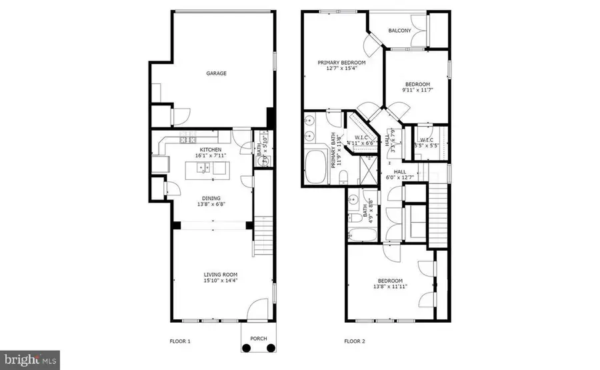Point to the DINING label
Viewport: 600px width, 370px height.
[x=211, y=198]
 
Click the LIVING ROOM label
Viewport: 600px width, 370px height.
[x=220, y=275]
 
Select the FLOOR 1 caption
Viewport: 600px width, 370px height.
[x=180, y=342]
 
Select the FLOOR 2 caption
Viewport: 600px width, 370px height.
[x=355, y=342]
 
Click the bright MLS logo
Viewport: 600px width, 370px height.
[x=30, y=360]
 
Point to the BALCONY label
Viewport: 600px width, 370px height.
[x=399, y=31]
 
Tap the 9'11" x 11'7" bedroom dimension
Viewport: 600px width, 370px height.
[x=417, y=90]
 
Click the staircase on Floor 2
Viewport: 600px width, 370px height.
[x=437, y=206]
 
